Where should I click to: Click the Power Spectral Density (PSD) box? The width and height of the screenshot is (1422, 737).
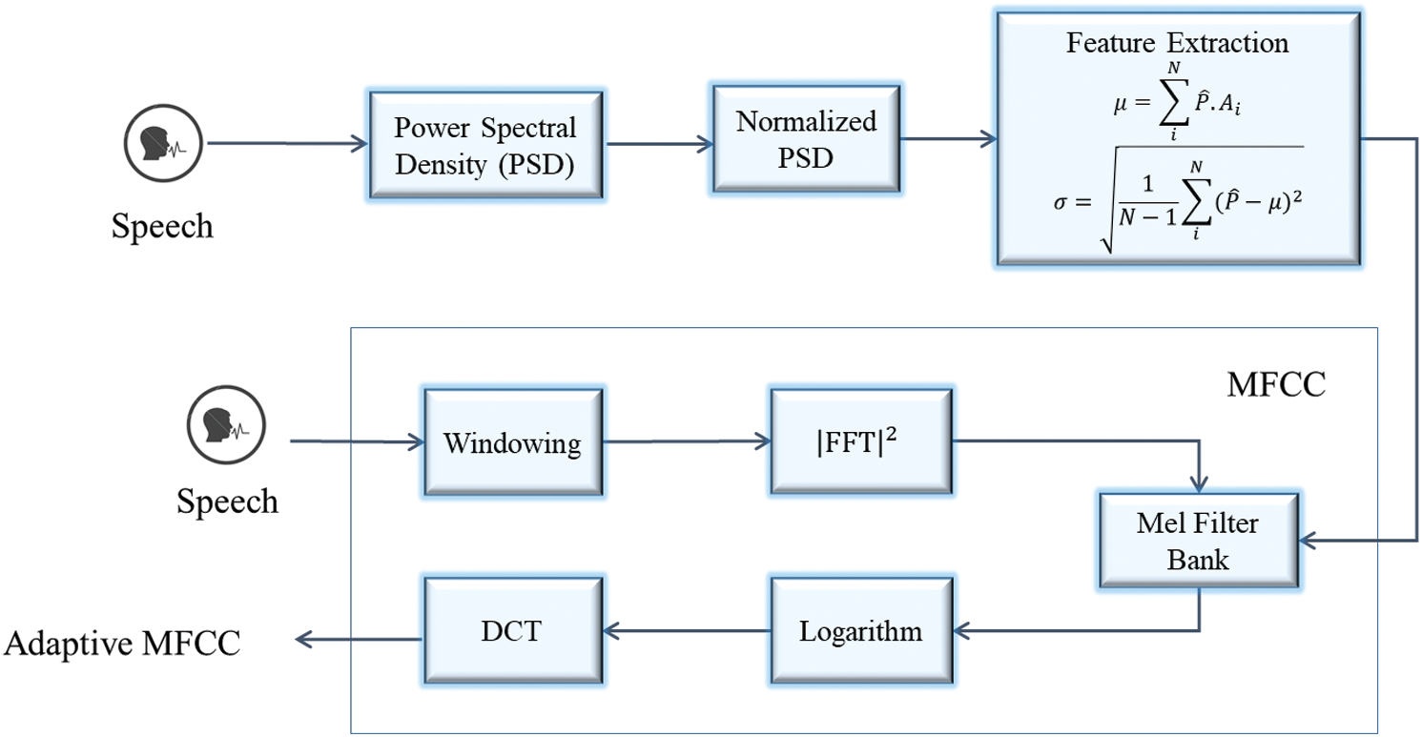(x=486, y=145)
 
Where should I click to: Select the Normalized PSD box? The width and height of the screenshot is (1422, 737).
(x=806, y=139)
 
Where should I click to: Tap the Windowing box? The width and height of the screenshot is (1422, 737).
(x=511, y=443)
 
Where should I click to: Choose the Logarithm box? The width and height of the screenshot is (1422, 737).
(x=861, y=630)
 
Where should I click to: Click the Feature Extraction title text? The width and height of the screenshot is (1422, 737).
(x=1177, y=44)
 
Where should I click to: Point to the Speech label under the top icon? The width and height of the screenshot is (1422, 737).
(x=163, y=226)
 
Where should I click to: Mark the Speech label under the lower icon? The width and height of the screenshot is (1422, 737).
(x=228, y=501)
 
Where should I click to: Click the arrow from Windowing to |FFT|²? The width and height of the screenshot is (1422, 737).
(x=687, y=441)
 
